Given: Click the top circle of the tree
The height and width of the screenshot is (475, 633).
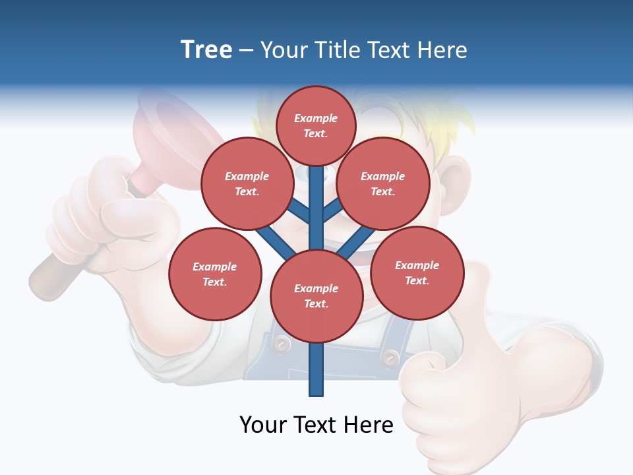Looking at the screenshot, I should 316,125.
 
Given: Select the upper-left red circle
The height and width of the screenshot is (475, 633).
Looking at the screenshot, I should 247,183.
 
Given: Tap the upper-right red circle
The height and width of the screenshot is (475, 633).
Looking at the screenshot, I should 383,183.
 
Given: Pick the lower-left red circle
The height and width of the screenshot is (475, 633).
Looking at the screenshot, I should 215,274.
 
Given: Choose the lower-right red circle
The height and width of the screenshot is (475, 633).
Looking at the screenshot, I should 417,272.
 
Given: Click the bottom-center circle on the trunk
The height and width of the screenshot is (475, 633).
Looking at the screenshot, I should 316,296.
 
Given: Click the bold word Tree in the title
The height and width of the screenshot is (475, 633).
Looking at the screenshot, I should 206,50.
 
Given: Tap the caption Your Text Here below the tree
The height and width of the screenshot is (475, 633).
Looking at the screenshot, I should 316,425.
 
